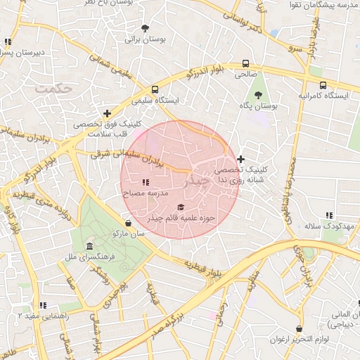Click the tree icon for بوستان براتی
[x=145, y=29]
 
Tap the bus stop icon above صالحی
[x=245, y=63]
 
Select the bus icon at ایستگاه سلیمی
[x=155, y=89]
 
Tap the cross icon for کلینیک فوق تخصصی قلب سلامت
[x=107, y=112]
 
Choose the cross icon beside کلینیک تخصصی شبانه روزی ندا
[x=241, y=159]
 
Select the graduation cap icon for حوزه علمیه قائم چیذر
[x=181, y=207]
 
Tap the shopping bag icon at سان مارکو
[x=127, y=222]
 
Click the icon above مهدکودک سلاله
[x=328, y=215]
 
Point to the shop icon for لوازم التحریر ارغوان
[x=300, y=328]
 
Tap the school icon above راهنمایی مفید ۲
[x=44, y=306]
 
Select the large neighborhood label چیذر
[x=195, y=181]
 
